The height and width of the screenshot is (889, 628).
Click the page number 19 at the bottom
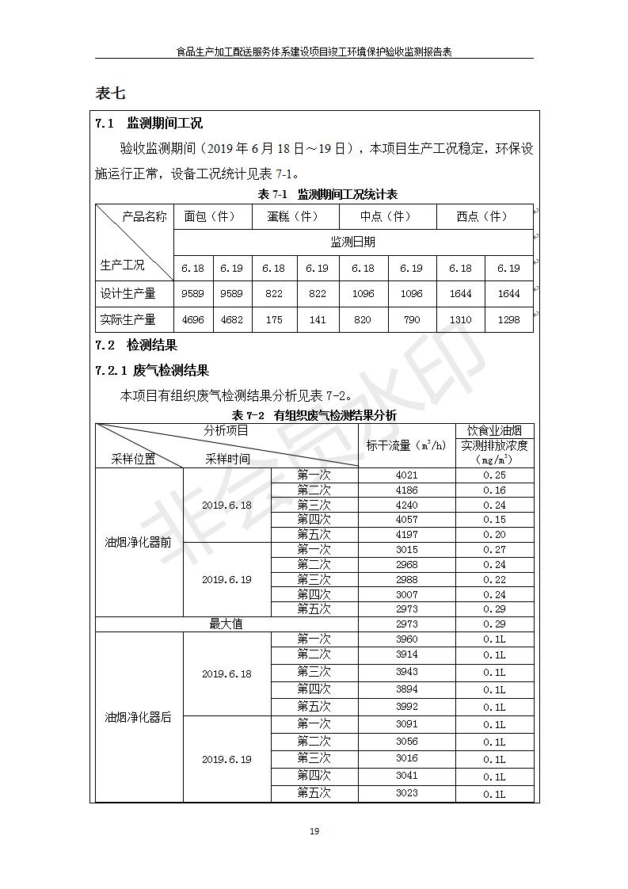pos(314,831)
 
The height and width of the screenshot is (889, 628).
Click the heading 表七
pos(110,93)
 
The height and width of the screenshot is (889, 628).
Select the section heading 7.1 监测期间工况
pos(148,123)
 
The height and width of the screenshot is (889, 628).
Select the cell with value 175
pos(274,319)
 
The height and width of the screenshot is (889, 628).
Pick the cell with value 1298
pos(508,319)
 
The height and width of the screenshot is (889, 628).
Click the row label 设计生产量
pos(128,293)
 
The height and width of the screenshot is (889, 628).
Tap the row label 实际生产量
pos(128,319)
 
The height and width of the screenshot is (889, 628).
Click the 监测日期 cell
pos(352,242)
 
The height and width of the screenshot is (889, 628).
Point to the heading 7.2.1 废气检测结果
pos(152,370)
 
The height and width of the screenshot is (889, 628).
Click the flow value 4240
pos(406,505)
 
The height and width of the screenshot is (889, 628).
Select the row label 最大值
pos(226,624)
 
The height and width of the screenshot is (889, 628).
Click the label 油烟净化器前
pos(139,543)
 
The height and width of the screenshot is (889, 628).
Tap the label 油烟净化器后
pos(139,717)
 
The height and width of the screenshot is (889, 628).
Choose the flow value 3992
pos(406,707)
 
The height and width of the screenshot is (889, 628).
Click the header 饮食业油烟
pos(494,430)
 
